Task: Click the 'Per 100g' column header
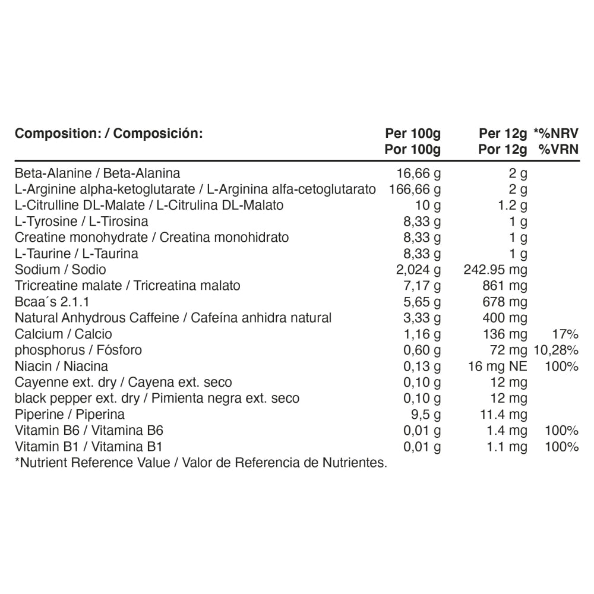tap(412, 133)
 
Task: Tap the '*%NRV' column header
tap(556, 133)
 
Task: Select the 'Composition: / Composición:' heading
tap(109, 133)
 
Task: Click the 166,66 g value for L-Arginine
tap(415, 189)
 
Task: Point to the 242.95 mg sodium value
tap(495, 270)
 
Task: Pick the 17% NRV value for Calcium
tap(565, 334)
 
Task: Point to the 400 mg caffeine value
tap(505, 318)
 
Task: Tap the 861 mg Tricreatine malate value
tap(505, 286)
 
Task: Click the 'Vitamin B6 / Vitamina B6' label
tap(89, 430)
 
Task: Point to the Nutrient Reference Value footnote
tap(201, 462)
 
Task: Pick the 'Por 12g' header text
tap(503, 149)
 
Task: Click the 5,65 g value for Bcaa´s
tap(422, 302)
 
